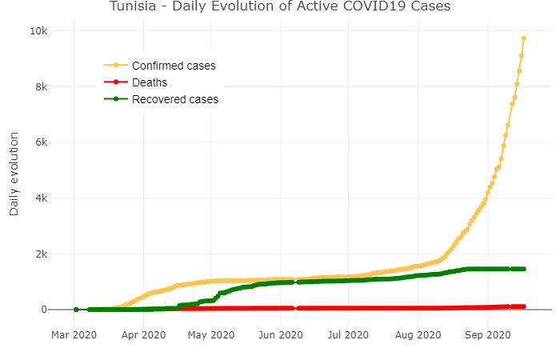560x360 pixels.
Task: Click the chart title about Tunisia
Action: (280, 7)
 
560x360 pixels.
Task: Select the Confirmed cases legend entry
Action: (174, 65)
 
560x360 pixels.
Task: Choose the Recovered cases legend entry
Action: (174, 99)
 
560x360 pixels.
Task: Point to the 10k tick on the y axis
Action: (39, 31)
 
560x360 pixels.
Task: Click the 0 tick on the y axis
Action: (45, 310)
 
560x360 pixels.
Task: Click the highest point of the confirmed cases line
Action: (523, 38)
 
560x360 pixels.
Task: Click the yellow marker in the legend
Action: (116, 65)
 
